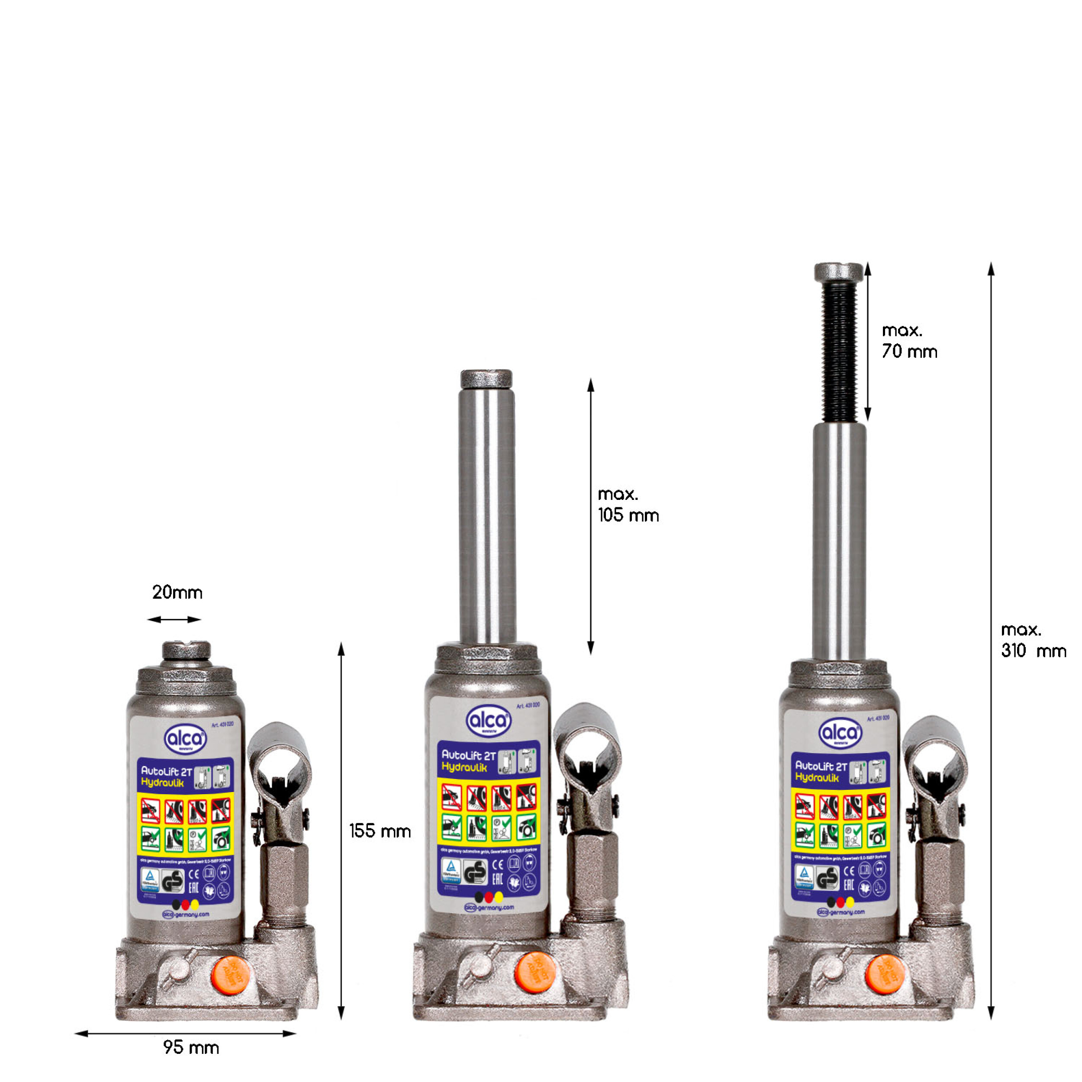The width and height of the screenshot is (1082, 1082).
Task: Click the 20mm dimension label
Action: [x=177, y=593]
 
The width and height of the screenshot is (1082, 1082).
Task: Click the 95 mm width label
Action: [x=191, y=1047]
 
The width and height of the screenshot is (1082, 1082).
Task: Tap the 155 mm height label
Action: [x=380, y=831]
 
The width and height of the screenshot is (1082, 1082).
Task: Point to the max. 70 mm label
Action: [x=909, y=341]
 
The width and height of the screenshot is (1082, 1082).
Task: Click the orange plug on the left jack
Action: [x=231, y=975]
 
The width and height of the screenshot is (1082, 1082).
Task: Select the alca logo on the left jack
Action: [x=185, y=739]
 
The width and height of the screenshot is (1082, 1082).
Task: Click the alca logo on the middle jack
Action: [x=488, y=720]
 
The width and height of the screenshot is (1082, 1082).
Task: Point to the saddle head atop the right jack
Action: [x=838, y=272]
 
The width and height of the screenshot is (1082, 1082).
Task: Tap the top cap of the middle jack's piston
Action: [x=486, y=379]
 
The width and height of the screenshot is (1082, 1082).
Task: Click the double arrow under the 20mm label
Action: [x=174, y=619]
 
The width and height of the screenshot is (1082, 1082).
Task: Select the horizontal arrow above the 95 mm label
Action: [x=185, y=1033]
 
